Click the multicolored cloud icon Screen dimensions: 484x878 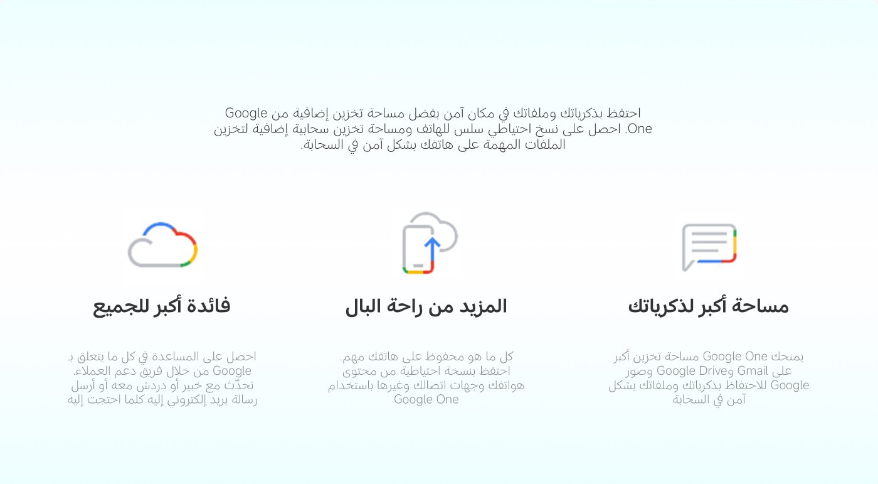pos(162,245)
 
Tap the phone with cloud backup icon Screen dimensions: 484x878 pos(429,244)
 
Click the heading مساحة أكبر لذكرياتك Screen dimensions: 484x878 pos(708,306)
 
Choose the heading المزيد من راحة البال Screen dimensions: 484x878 pos(426,306)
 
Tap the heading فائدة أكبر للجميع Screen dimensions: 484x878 pos(162,306)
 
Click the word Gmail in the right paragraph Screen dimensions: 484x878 pos(753,371)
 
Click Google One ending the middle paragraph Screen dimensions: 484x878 pos(426,400)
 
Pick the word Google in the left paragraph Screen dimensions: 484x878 pos(232,371)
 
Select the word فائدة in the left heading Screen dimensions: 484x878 pos(208,306)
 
